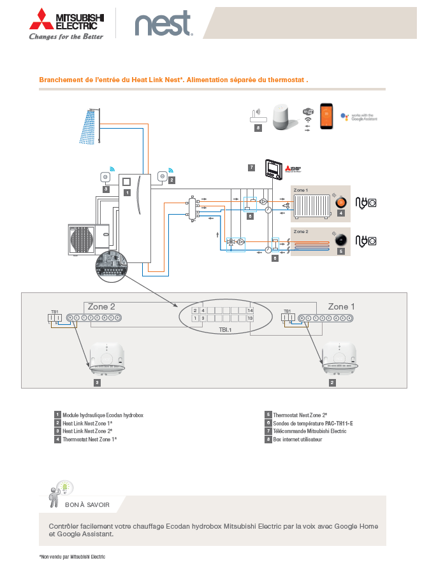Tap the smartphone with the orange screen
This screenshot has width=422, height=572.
[x=328, y=117]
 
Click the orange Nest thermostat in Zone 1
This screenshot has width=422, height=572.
[x=341, y=202]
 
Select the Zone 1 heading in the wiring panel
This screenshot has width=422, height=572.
[x=338, y=306]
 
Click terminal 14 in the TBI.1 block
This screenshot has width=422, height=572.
[x=251, y=310]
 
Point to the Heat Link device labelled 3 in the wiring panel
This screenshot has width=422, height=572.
[x=106, y=360]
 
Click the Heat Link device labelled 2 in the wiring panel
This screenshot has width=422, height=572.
[x=338, y=360]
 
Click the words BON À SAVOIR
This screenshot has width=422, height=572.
[x=87, y=504]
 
